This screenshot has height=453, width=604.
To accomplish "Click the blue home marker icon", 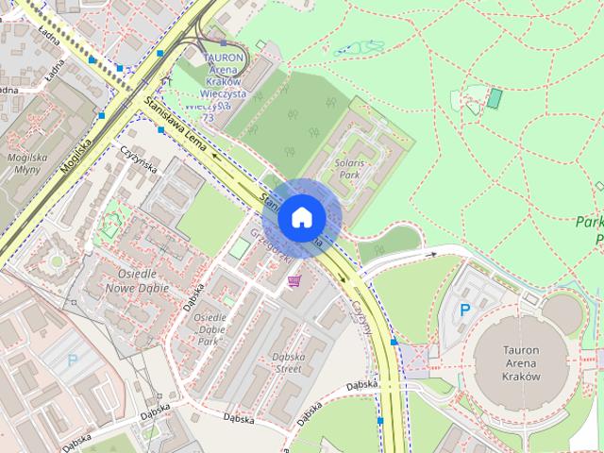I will (x=301, y=217).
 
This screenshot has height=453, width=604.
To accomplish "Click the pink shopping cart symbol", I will (x=294, y=280).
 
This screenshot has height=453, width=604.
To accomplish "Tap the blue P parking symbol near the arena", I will (x=464, y=309).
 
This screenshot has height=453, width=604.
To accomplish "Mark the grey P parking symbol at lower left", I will (x=73, y=360).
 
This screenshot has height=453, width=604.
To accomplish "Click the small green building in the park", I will (x=494, y=97).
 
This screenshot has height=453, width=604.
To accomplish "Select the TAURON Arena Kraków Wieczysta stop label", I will (x=223, y=81).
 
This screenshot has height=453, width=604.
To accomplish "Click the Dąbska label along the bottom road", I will (x=362, y=385).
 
